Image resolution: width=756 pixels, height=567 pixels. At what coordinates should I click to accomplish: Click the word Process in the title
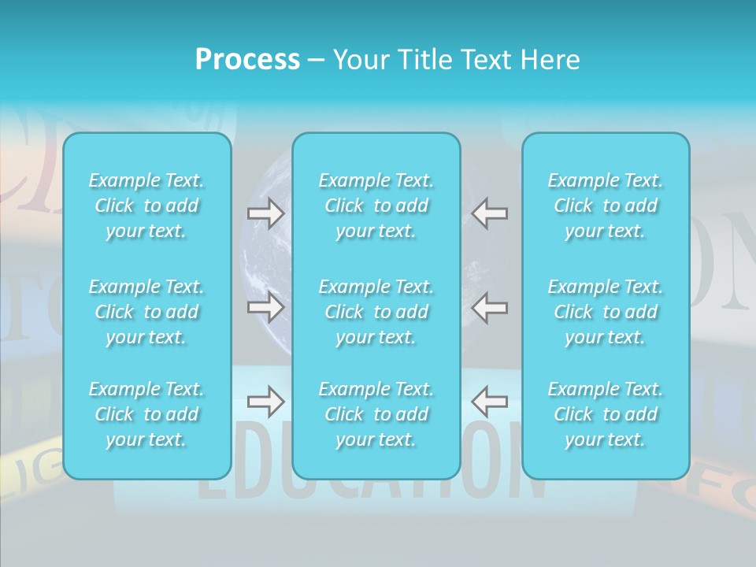coord(247,60)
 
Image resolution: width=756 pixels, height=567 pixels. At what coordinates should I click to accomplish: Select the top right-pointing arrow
coord(266,213)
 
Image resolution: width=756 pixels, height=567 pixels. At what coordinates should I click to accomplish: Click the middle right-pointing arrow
coord(266,307)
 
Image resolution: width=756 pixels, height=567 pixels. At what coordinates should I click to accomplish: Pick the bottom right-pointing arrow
coord(266,402)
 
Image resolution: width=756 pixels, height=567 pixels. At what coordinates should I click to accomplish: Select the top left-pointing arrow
coord(489,213)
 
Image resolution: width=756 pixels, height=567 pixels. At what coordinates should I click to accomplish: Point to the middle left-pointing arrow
coord(489,307)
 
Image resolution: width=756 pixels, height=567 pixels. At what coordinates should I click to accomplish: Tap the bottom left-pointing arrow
coord(489,402)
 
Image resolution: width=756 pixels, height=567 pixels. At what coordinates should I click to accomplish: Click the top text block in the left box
coord(146,206)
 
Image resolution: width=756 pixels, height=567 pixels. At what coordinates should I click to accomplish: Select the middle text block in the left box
coord(146,312)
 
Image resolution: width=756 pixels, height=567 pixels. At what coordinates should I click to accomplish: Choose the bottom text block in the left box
coord(146,414)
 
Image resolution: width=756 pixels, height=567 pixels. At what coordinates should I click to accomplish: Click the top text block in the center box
coord(376,206)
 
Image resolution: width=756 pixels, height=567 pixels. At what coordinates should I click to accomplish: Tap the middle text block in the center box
coord(376,312)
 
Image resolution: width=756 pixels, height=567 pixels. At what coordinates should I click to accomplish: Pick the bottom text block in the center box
coord(376,414)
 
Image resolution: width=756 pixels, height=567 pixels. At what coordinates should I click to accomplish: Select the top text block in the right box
coord(605,206)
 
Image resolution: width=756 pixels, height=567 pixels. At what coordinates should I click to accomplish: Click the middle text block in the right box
coord(605,312)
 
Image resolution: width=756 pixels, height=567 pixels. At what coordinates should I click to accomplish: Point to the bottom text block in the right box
coord(605,414)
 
